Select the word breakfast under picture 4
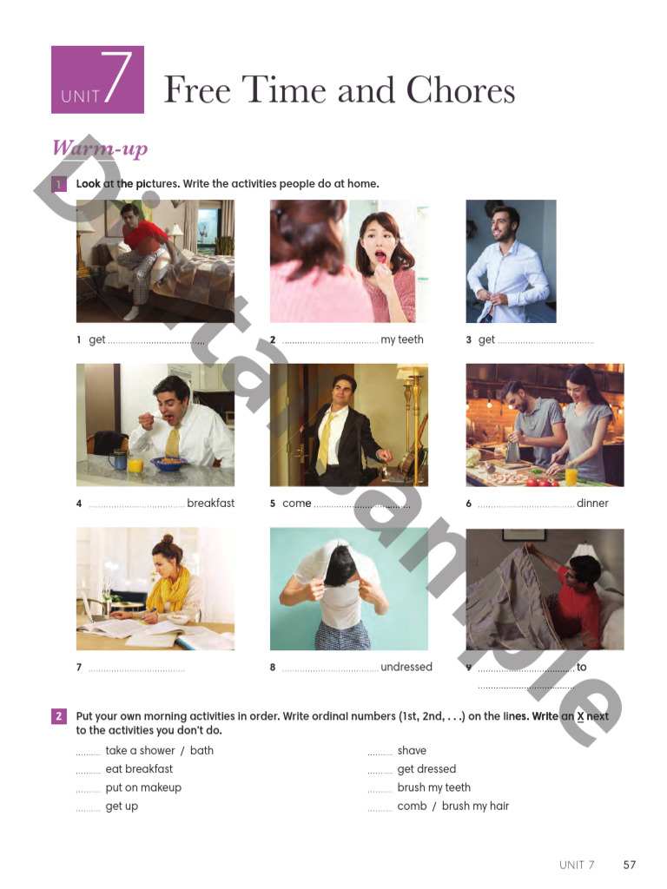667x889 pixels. [x=211, y=504]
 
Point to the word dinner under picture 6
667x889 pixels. [x=592, y=504]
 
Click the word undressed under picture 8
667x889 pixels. [x=406, y=668]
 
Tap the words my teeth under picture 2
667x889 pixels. [x=402, y=340]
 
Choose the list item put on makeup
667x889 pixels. [x=143, y=788]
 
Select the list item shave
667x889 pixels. [x=412, y=751]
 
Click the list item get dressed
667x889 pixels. [x=426, y=769]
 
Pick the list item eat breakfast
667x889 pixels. [x=139, y=769]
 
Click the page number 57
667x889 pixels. [x=630, y=865]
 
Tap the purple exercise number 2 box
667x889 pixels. [x=58, y=716]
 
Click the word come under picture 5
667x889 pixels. [x=296, y=504]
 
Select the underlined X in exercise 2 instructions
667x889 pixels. [x=580, y=717]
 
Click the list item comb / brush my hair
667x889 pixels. [x=453, y=807]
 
